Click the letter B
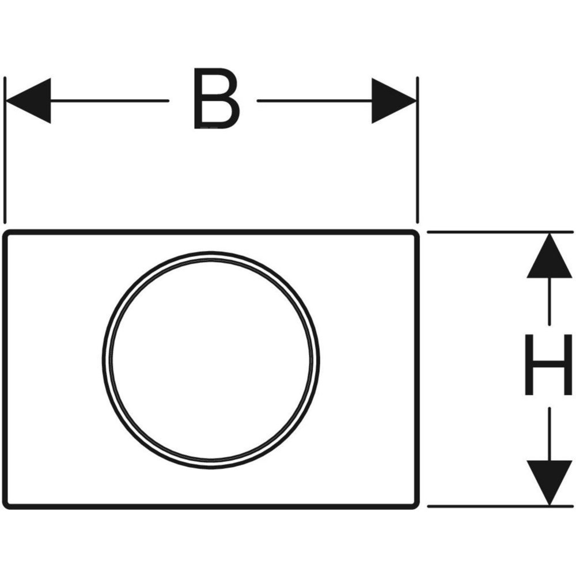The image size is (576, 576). [216, 98]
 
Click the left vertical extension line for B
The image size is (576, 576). [5, 150]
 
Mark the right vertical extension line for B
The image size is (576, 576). [418, 150]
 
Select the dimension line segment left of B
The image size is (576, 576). [109, 100]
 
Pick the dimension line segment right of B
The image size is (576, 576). [314, 100]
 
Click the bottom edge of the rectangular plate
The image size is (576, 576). [211, 507]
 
